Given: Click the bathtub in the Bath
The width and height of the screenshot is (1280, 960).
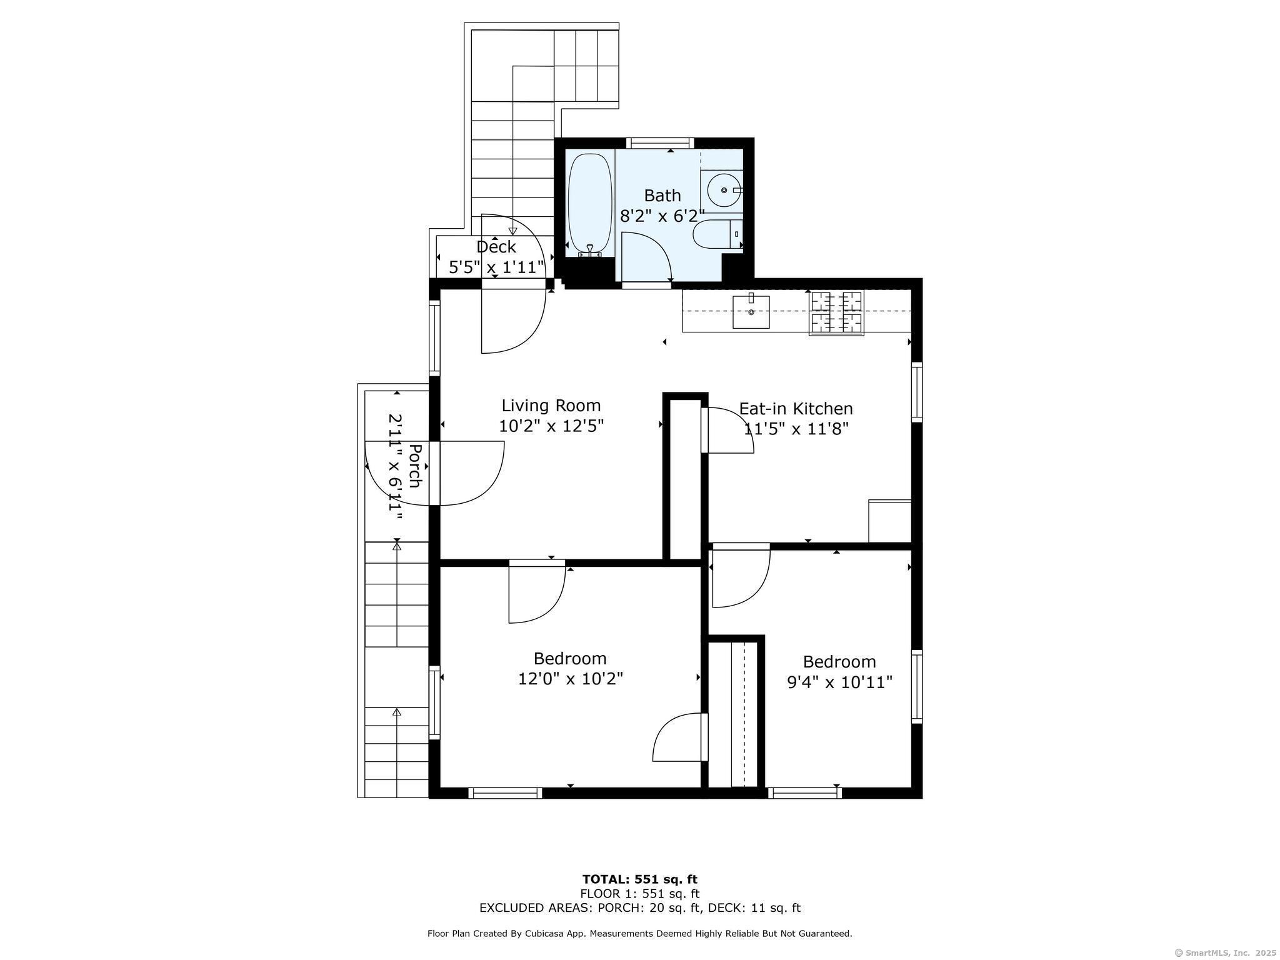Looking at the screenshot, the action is point(590,205).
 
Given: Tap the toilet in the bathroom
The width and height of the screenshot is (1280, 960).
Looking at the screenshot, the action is point(717,234).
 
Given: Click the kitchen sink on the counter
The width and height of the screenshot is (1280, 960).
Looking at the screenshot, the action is point(751,311).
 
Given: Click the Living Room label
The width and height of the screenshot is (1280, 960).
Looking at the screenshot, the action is point(551,406).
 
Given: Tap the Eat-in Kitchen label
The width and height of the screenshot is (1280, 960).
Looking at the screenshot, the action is point(796,409).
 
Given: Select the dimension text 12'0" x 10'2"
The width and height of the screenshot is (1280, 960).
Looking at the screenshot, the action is point(571,679).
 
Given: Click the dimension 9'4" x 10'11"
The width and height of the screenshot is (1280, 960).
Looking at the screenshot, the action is point(839,682).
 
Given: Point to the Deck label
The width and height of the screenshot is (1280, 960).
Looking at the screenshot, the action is point(496,247).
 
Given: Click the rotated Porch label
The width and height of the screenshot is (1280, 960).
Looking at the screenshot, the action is point(414,466).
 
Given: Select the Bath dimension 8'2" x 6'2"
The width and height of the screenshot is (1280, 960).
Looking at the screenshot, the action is point(662,216).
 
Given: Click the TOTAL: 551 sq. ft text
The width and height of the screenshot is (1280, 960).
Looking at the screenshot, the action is point(640,879).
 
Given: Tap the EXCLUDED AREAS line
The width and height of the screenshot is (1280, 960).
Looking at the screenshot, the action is point(640,908).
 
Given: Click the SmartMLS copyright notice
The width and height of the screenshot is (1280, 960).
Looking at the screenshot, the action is point(1226,952).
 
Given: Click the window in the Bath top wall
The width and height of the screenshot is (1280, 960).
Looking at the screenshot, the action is point(660,143).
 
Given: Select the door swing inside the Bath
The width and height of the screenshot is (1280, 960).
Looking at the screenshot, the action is point(646,257).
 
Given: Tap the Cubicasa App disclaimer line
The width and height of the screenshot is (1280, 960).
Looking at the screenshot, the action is point(640,934).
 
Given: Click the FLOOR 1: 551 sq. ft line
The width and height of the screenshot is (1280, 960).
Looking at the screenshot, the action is point(640,894).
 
